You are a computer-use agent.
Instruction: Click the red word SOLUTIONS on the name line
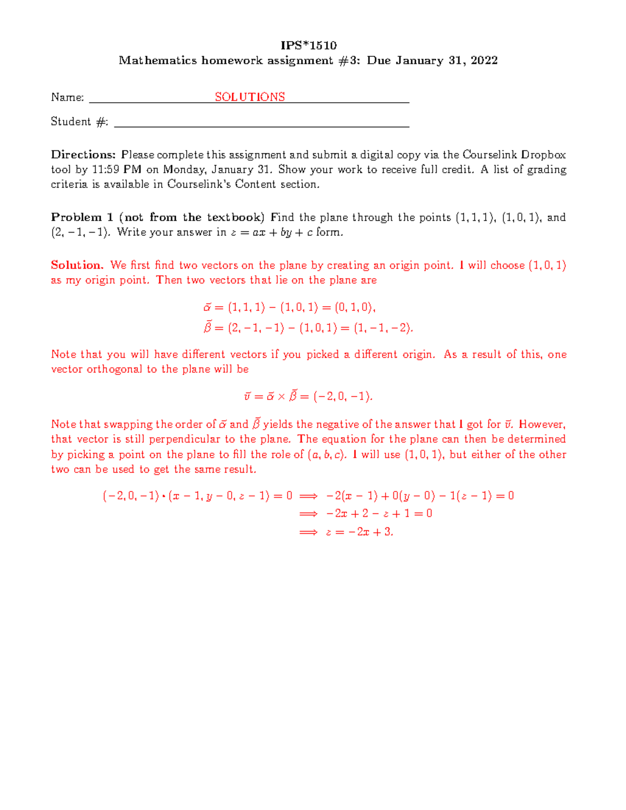tap(250, 97)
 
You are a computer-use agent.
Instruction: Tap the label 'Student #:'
tap(79, 122)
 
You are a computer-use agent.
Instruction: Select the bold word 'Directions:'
tap(83, 155)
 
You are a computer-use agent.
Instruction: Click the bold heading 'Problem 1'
tap(82, 217)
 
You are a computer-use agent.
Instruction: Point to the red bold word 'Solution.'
tap(77, 265)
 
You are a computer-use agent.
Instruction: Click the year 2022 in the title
tap(484, 61)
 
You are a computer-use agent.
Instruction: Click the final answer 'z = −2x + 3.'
tap(359, 532)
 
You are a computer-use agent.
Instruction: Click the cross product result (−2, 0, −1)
tap(343, 396)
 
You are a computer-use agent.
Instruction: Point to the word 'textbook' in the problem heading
tap(235, 217)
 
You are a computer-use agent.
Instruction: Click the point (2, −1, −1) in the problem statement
tap(81, 233)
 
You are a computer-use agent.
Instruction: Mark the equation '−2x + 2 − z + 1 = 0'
tap(379, 514)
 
